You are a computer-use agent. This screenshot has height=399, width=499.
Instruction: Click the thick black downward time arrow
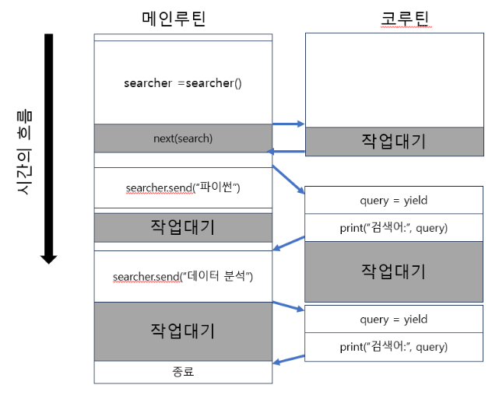[x=48, y=148]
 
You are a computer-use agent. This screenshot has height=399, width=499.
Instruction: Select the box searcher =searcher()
[x=183, y=82]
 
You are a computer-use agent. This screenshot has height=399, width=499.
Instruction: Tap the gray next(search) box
[x=183, y=138]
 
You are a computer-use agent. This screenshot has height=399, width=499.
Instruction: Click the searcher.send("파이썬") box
[x=183, y=188]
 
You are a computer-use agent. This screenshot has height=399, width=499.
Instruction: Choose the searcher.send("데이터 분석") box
[x=183, y=276]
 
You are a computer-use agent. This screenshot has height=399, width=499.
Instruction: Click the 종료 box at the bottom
[x=183, y=371]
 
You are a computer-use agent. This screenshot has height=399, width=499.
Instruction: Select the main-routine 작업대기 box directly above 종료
[x=183, y=331]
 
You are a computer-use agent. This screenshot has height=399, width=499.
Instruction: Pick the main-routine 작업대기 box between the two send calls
[x=183, y=227]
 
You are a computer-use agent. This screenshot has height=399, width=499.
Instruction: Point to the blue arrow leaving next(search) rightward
[x=288, y=124]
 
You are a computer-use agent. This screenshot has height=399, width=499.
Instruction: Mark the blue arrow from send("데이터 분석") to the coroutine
[x=288, y=306]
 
